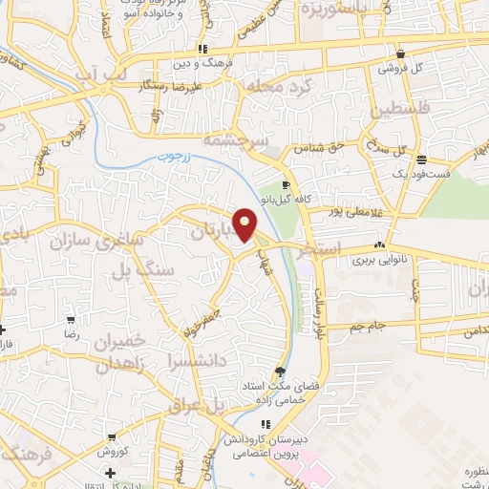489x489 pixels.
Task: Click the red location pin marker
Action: (x=245, y=223)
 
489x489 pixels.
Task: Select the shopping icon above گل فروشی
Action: (x=400, y=54)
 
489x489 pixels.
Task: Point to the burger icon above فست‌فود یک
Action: (x=421, y=160)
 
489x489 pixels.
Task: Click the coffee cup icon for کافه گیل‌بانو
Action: (x=286, y=183)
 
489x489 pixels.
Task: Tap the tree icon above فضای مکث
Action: (x=280, y=372)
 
